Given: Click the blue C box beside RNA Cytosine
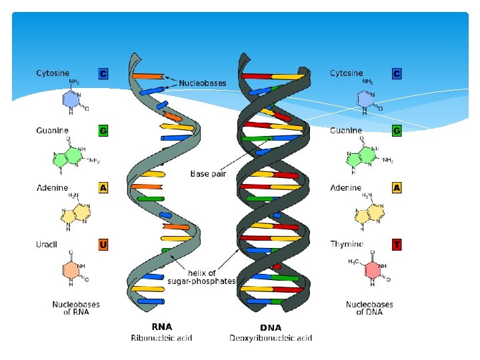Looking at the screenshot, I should pos(103,73).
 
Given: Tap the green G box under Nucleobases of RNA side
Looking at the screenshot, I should pos(103,131).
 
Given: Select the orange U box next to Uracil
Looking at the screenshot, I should pos(103,245).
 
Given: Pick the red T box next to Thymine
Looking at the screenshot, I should pos(397,245).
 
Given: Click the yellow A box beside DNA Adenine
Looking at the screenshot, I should pos(397,188).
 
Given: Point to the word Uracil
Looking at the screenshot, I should pos(47,245).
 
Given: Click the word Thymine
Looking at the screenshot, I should pos(347,245).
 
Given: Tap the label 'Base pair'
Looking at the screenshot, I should pos(209,174).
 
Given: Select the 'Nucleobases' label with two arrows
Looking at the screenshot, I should pos(202,83).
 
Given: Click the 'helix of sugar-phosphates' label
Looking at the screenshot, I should pos(210,277).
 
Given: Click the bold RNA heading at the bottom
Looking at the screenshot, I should pos(162,327).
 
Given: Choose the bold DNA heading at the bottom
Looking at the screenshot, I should pos(271,327).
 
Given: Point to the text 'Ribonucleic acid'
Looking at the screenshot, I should pos(162,338).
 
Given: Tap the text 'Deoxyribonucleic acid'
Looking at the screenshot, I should pos(271,338).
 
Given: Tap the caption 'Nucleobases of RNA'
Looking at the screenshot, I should pos(76,308).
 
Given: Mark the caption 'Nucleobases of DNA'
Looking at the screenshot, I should pos(369,308).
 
